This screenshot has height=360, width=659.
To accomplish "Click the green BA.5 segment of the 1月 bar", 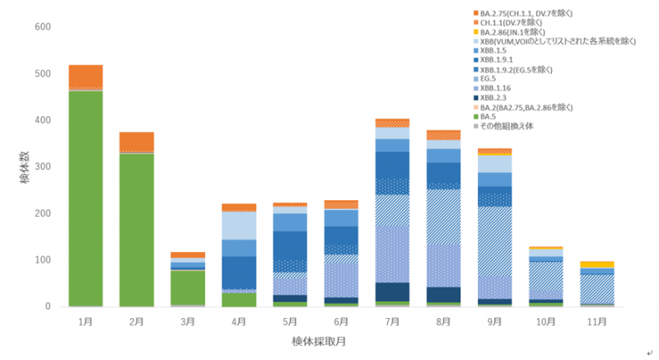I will (x=86, y=198).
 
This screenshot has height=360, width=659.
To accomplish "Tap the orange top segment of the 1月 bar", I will (x=86, y=76).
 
